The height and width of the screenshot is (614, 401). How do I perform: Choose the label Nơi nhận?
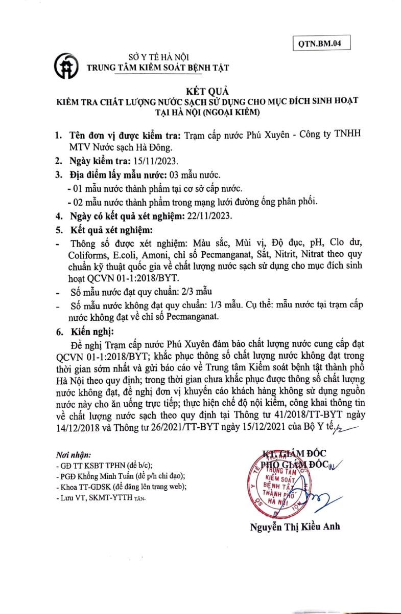pos(74,455)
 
